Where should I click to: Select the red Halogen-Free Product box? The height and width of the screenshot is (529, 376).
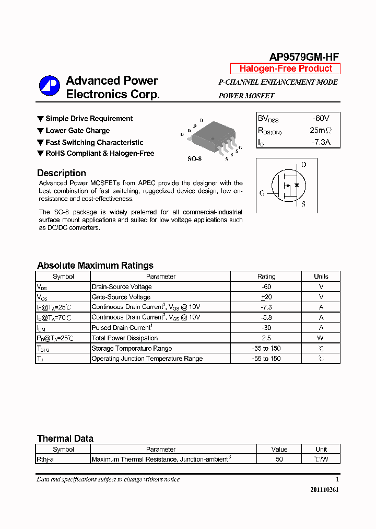[x=286, y=68]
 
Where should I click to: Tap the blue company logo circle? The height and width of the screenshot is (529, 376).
[x=50, y=86]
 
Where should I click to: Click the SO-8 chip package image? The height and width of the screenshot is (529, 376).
[x=211, y=139]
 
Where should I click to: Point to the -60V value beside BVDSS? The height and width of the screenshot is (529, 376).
[x=321, y=119]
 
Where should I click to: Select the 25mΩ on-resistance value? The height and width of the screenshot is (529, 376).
[x=321, y=130]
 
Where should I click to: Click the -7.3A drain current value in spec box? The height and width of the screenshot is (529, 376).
[x=321, y=142]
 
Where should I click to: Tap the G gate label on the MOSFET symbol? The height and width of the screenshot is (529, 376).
[x=262, y=193]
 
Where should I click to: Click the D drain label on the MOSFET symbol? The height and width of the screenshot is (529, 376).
[x=303, y=165]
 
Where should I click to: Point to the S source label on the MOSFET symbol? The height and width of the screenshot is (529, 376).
[x=303, y=204]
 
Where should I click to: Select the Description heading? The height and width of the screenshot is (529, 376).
[x=62, y=173]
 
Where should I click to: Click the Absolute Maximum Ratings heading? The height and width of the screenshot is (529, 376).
[x=95, y=265]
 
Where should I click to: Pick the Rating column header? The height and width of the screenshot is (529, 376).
[x=266, y=277]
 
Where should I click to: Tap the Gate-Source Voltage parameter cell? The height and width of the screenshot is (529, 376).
[x=121, y=297]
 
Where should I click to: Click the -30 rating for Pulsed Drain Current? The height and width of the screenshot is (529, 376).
[x=266, y=328]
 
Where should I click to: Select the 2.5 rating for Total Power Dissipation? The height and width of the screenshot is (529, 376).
[x=266, y=338]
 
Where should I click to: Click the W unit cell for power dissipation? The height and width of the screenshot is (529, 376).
[x=321, y=338]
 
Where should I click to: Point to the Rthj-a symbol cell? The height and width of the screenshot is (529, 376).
[x=45, y=459]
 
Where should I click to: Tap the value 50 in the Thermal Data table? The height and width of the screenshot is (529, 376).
[x=279, y=459]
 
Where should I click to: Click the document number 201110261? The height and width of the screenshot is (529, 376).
[x=324, y=490]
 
